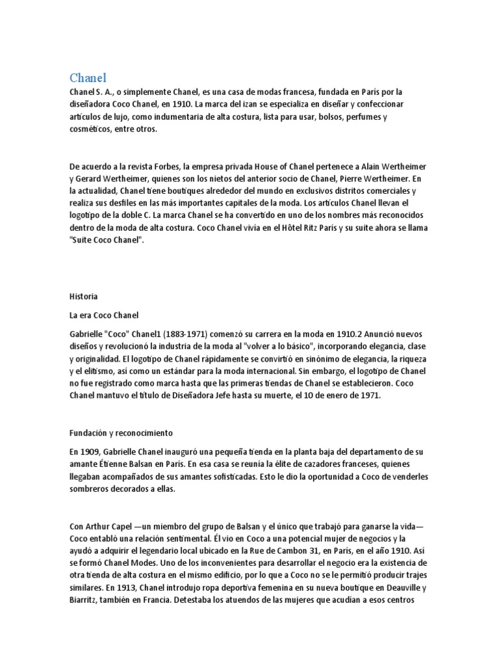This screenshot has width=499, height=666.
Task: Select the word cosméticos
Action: tap(90, 129)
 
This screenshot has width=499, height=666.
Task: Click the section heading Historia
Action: tap(83, 296)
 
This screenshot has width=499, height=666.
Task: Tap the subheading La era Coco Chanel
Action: tap(104, 315)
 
